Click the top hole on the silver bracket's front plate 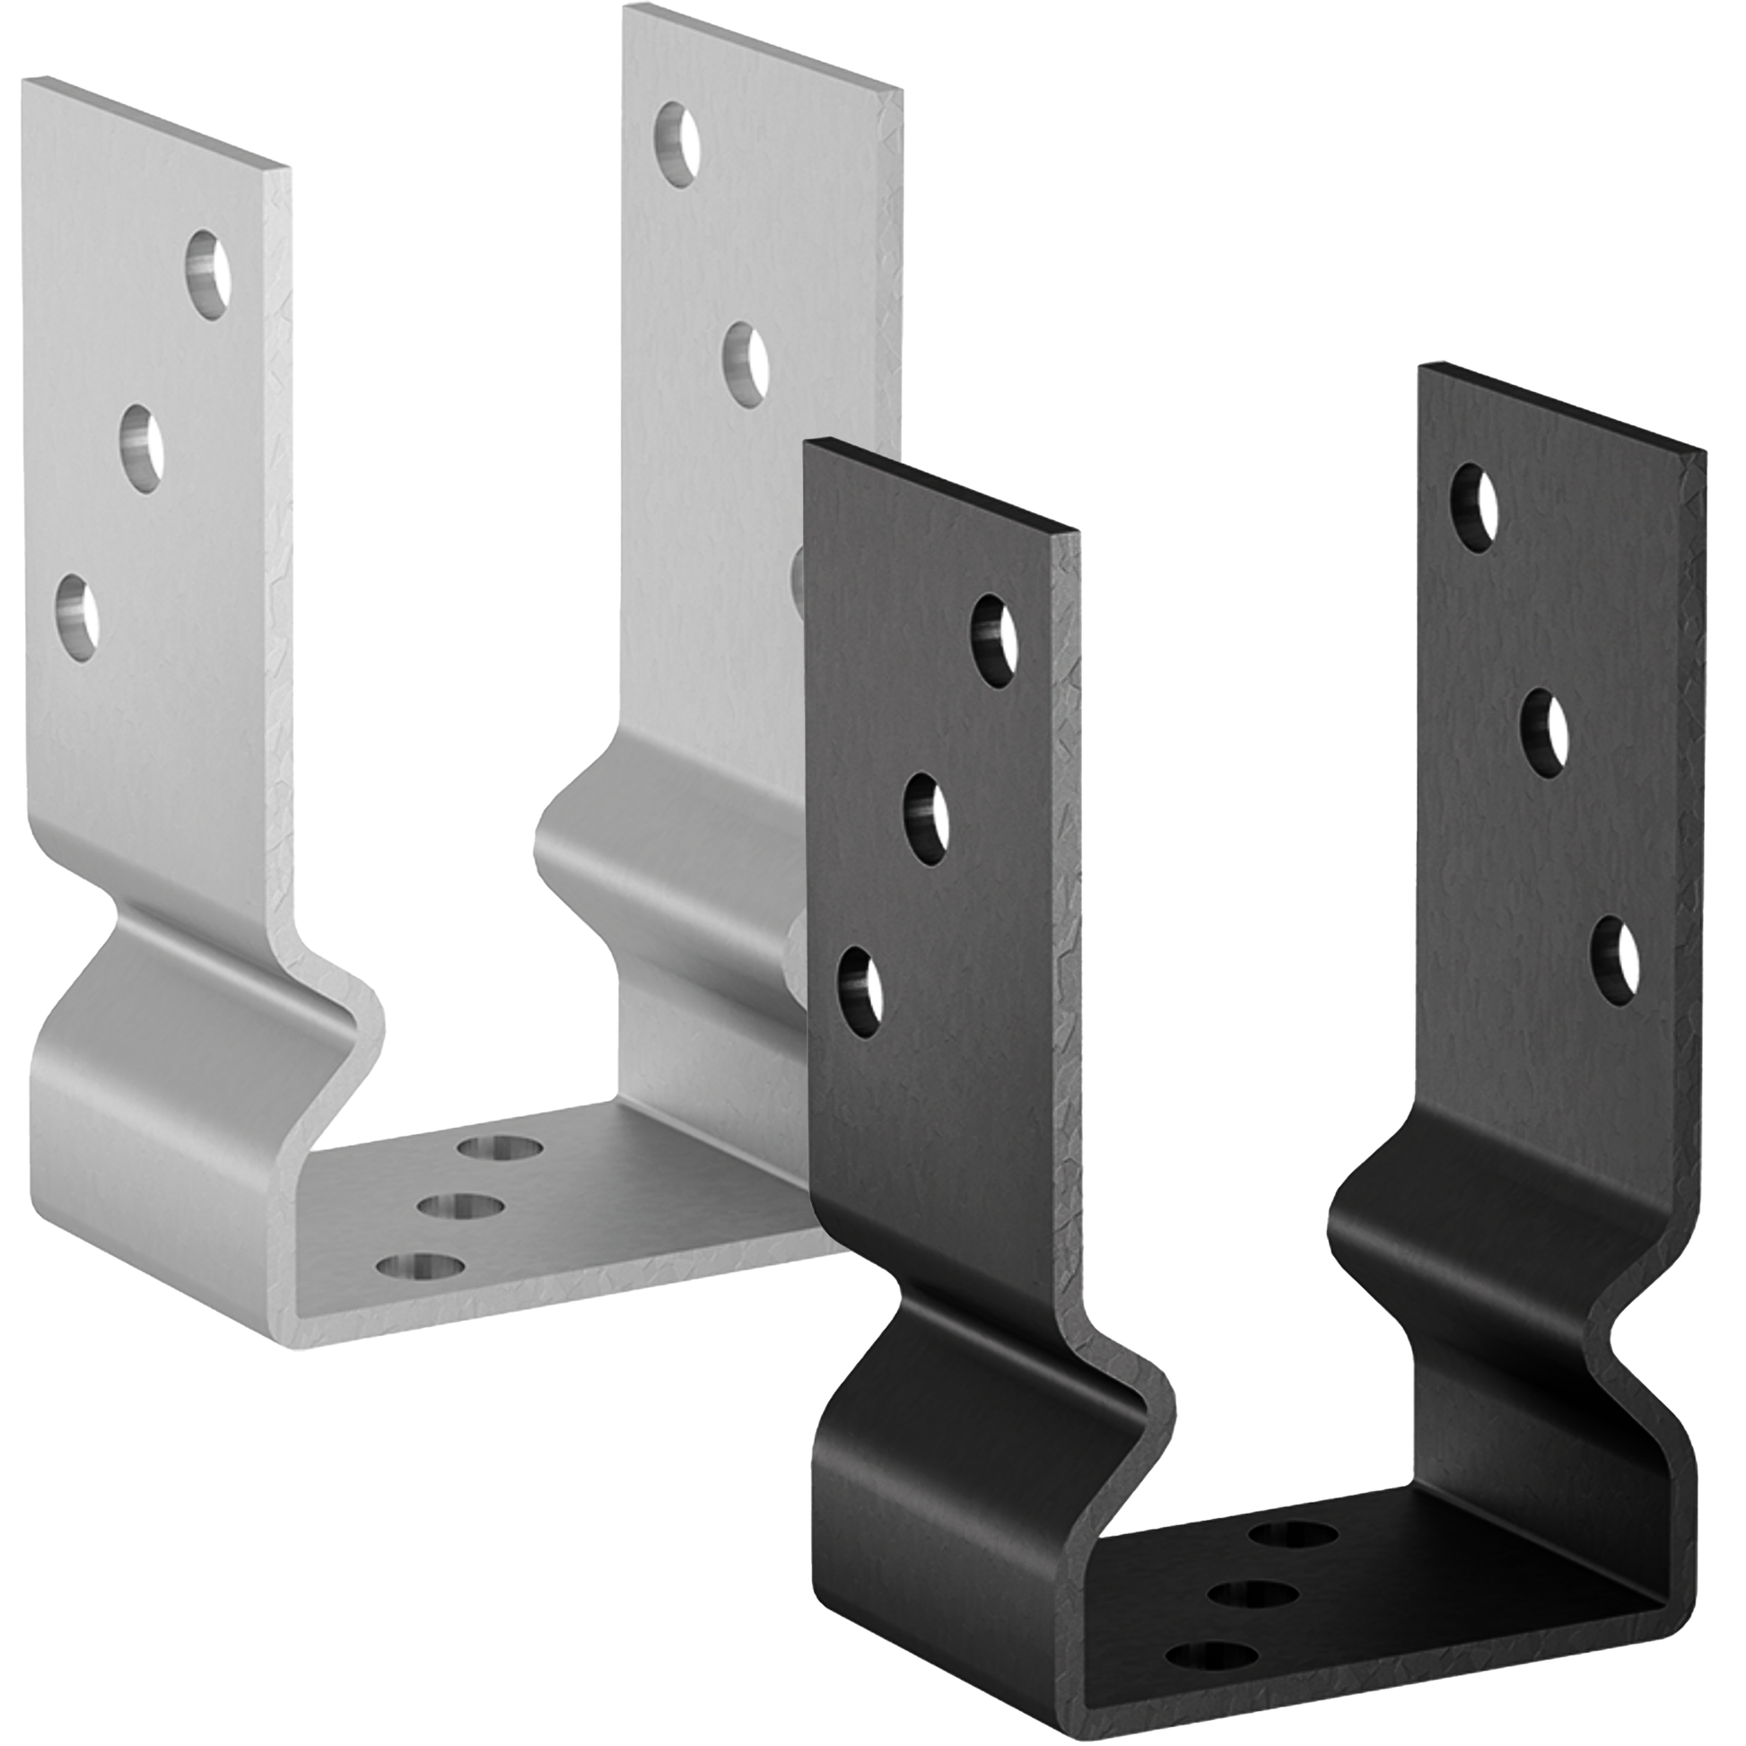208,274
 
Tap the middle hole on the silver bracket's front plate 143,449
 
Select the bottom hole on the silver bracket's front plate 78,620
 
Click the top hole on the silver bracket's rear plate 677,144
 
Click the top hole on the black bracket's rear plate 1474,508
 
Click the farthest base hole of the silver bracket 500,1148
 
